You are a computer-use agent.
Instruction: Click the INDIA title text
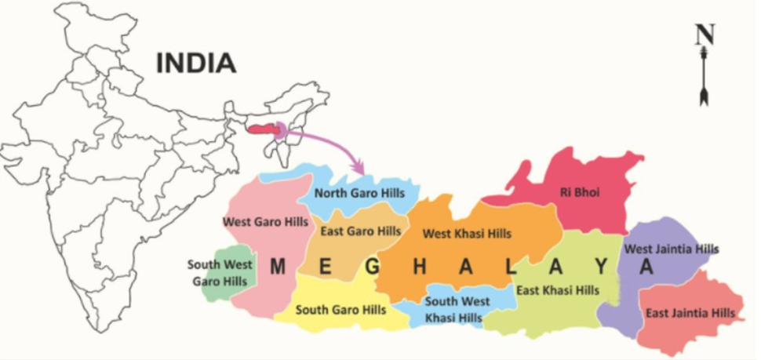tap(196, 63)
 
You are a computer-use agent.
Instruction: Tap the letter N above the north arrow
tap(705, 35)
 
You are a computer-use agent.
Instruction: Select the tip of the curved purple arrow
tap(362, 173)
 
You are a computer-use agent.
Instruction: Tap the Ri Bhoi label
tap(580, 192)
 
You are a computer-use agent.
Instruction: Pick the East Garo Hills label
tap(361, 231)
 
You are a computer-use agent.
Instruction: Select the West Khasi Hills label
tap(467, 233)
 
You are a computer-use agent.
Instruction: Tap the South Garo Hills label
tap(340, 309)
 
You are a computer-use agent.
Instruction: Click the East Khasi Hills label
tap(557, 290)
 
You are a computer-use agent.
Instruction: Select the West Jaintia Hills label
tap(671, 249)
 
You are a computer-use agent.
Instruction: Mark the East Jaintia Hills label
tap(690, 313)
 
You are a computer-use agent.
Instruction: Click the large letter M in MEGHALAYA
tap(279, 267)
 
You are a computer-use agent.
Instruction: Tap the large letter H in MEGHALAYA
tap(420, 267)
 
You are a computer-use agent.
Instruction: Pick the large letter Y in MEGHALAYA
tap(603, 267)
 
